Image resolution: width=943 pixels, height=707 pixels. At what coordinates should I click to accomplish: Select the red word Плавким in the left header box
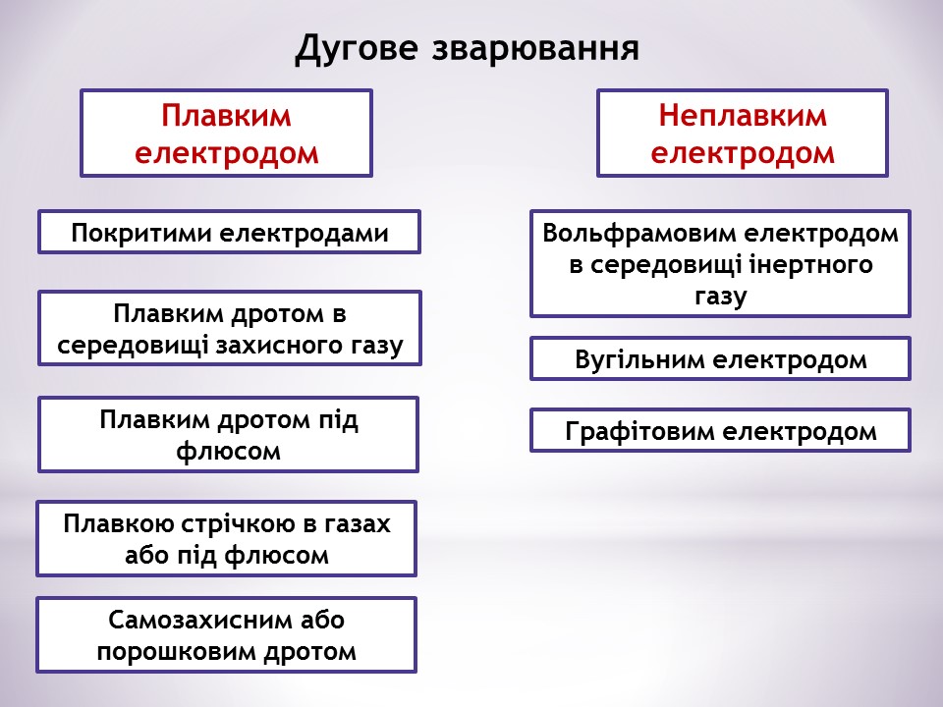coord(227,116)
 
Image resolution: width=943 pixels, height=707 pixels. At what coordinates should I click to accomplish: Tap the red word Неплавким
coord(743,116)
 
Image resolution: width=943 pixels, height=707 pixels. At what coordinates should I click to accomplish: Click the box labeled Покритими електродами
coord(229,233)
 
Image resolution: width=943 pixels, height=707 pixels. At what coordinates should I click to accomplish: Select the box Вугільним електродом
coord(720,359)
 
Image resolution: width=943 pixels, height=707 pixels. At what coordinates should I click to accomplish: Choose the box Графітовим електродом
coord(720,431)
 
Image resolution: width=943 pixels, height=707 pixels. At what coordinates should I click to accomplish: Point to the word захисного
coord(299,346)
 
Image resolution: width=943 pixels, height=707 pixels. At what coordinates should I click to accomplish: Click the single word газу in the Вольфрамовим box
coord(720,296)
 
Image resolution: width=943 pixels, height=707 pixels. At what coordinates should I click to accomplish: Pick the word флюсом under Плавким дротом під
coord(228,452)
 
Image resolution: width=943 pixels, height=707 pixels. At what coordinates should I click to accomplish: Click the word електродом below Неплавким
coord(743,154)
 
